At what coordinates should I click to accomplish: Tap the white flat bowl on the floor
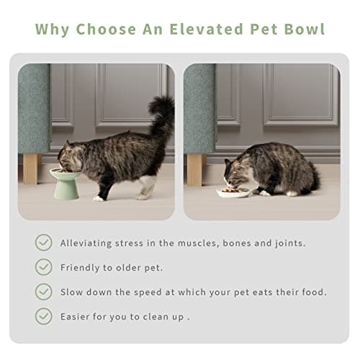point(235,192)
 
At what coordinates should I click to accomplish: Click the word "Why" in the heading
point(52,30)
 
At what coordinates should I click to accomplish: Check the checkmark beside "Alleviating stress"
point(44,243)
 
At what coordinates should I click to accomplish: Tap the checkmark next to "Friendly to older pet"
point(44,267)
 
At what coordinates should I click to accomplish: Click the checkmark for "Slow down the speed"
point(44,292)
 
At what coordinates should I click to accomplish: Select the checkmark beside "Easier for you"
point(44,316)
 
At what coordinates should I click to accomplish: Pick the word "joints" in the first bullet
point(288,243)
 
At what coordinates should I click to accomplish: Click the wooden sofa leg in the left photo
point(31,167)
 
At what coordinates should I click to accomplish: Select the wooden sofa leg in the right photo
point(195,168)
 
